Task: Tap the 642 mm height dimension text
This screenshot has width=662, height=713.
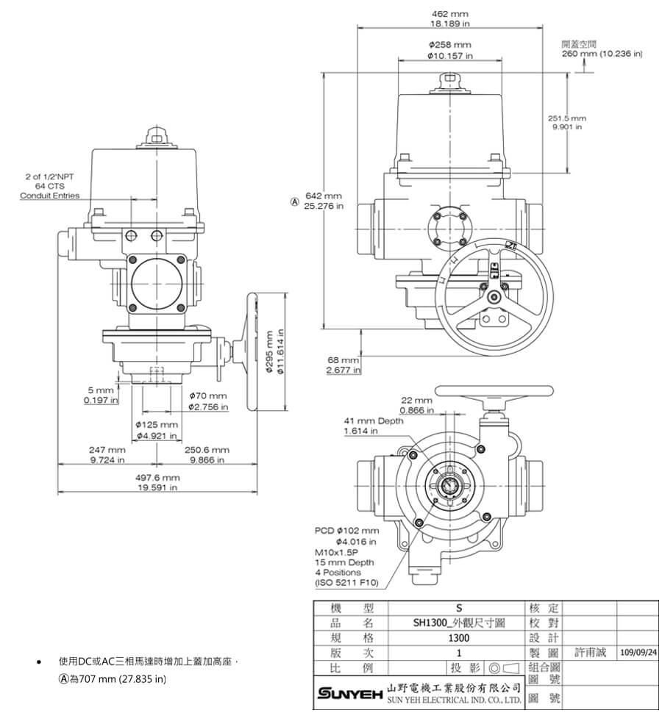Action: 324,196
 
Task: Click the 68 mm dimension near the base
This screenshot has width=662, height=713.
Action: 344,360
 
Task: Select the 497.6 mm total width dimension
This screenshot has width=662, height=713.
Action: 157,478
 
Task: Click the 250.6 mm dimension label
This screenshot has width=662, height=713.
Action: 207,449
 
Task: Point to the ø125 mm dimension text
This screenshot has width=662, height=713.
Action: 157,426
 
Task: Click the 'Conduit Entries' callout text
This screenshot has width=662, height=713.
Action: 49,196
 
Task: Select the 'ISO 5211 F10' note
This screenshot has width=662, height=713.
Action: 346,582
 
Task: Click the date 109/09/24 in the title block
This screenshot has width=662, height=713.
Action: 638,652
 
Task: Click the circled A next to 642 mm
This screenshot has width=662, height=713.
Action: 296,201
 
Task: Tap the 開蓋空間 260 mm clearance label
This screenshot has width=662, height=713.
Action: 602,49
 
